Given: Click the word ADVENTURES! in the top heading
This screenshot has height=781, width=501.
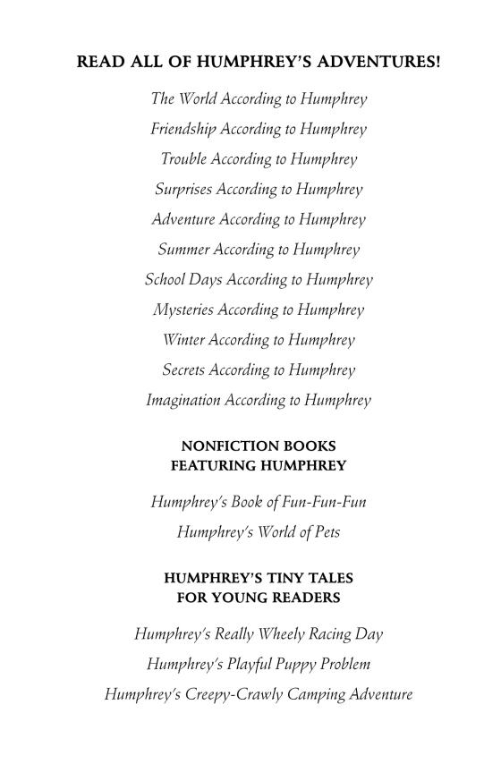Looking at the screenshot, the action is click(x=386, y=63).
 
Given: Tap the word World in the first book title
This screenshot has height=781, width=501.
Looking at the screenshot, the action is click(x=200, y=98).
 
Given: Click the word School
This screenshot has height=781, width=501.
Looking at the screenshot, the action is click(x=163, y=280).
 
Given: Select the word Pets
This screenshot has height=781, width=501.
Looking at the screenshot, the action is click(x=325, y=532).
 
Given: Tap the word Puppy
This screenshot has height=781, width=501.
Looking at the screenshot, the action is click(x=285, y=665).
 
